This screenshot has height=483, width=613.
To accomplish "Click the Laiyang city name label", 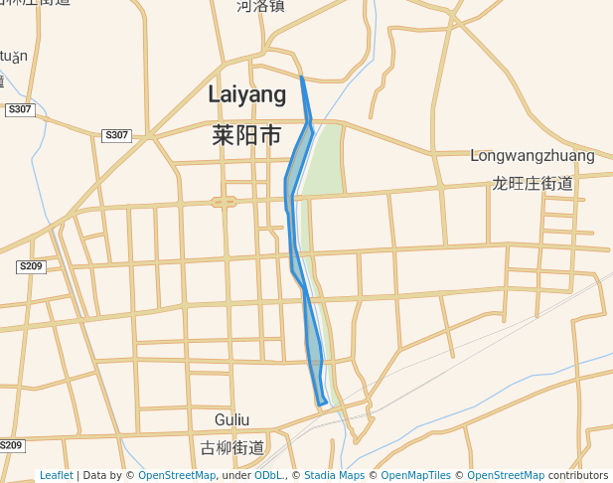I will (x=246, y=94).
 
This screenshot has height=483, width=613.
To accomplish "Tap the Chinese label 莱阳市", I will (x=246, y=135).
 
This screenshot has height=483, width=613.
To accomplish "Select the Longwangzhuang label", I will (x=532, y=156).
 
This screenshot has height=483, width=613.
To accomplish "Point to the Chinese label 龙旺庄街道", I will (x=533, y=184).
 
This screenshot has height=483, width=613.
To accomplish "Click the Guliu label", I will (x=231, y=419).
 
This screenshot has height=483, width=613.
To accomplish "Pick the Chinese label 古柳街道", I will (x=231, y=448).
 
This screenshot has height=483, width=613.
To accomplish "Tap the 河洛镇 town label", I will (x=260, y=6).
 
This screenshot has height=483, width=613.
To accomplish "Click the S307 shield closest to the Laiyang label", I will (x=116, y=135).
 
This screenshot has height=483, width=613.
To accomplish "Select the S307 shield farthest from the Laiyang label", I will (x=19, y=109).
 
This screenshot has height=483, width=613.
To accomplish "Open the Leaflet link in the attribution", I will (x=56, y=476).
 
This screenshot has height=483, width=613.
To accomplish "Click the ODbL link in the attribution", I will (x=268, y=476).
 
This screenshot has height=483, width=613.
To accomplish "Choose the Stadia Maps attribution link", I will (x=334, y=476).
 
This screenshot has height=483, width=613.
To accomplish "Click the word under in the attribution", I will (x=235, y=476).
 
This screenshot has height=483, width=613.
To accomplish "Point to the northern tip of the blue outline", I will (x=301, y=77).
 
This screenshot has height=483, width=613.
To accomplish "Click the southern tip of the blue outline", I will (x=322, y=404).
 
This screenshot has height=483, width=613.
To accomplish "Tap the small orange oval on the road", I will (x=225, y=202).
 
